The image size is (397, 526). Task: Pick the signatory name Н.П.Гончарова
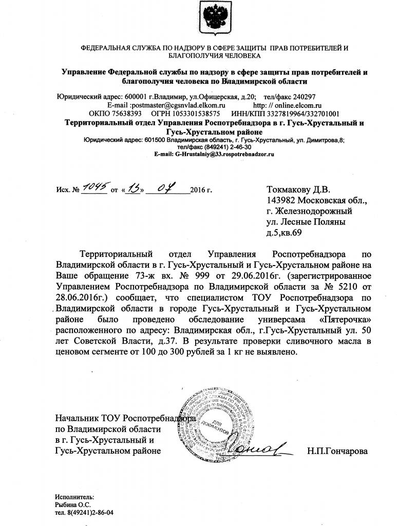pos(337,451)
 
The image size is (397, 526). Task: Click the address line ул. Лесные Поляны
pos(306,222)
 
